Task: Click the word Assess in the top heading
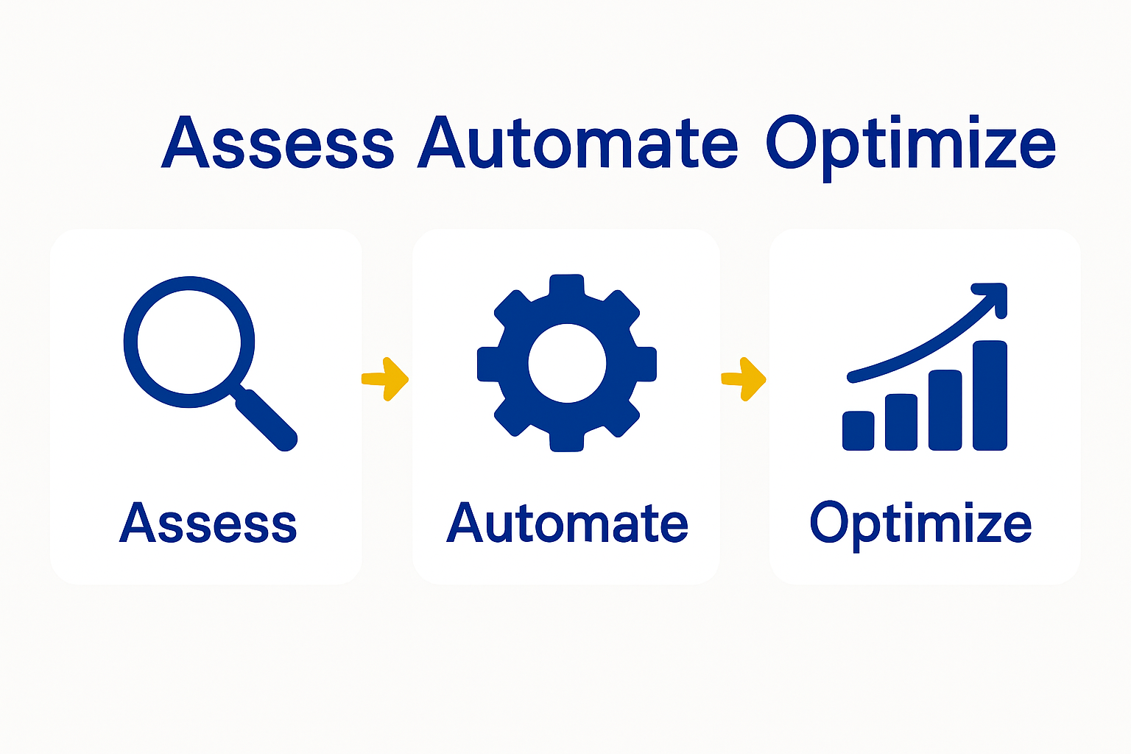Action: tap(278, 143)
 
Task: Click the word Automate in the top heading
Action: tap(577, 143)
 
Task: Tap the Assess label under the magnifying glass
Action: tap(208, 524)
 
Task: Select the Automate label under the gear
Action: tap(567, 524)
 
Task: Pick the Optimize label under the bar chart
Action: tap(920, 524)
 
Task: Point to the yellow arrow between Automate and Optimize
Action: tap(744, 379)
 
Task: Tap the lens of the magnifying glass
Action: tap(189, 342)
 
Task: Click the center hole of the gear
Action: tap(567, 363)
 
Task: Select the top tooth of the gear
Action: tap(567, 286)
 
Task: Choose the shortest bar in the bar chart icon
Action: tap(859, 430)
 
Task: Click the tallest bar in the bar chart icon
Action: tap(990, 395)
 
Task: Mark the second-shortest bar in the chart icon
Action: tap(901, 422)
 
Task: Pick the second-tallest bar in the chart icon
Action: tap(945, 409)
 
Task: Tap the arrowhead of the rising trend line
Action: tap(994, 294)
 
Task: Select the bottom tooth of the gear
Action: tap(567, 440)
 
